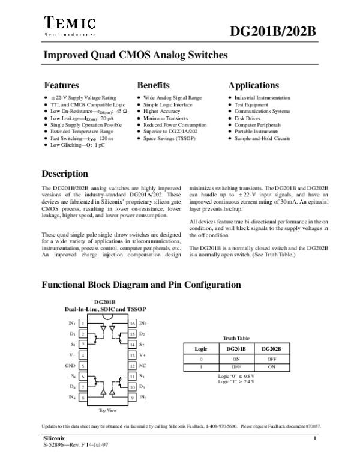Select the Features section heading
pos(62,85)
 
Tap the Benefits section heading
pos(153,85)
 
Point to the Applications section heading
pos(253,85)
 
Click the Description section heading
pos(64,174)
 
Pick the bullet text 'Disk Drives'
pos(246,118)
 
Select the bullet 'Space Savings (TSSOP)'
pos(168,138)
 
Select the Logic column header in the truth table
pos(200,349)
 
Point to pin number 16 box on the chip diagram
pos(133,323)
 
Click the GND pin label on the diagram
pos(70,365)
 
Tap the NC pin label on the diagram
pos(142,365)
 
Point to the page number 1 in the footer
pos(314,441)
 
